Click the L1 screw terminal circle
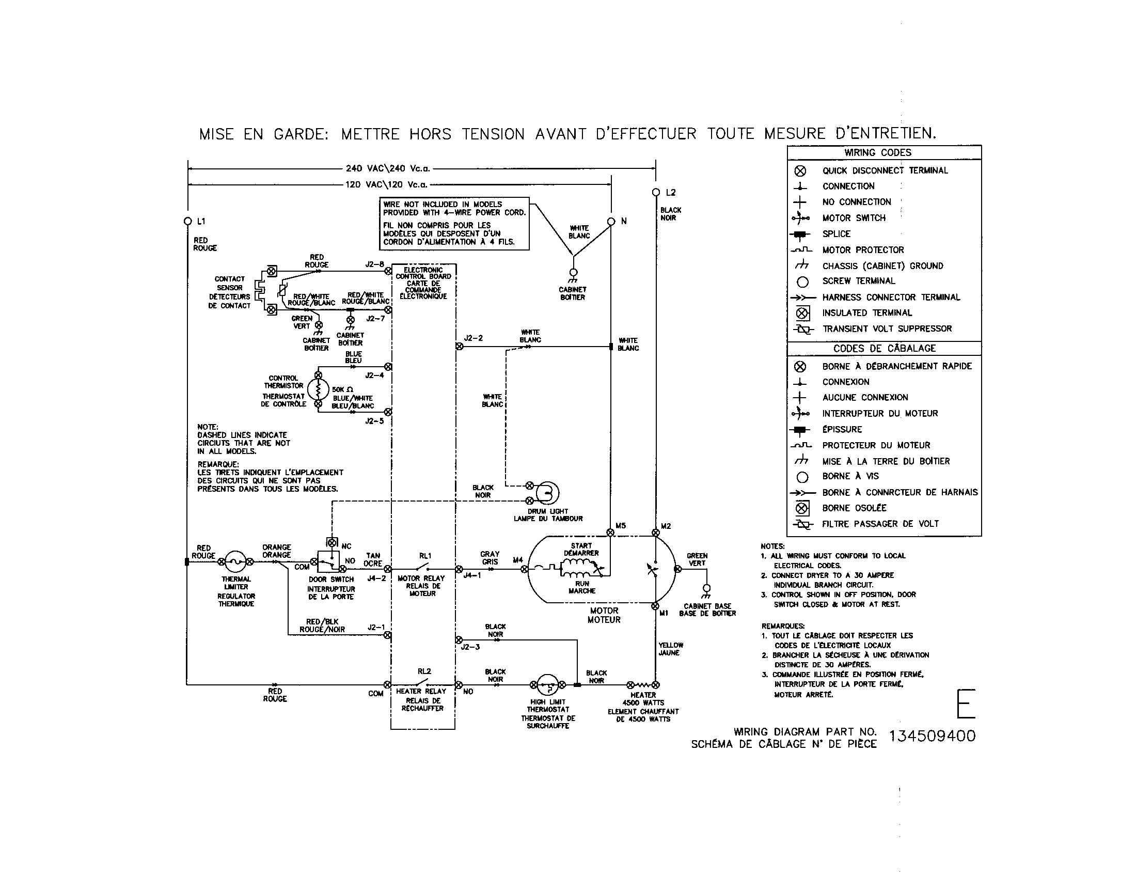(188, 221)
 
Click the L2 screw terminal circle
(656, 192)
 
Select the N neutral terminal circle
(611, 221)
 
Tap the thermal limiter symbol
(235, 562)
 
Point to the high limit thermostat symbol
(547, 685)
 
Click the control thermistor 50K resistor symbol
(318, 389)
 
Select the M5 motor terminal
(611, 532)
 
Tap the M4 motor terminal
(524, 569)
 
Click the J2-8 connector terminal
(387, 271)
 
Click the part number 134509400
(932, 736)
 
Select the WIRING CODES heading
(877, 152)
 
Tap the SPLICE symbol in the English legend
(800, 234)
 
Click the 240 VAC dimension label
(387, 168)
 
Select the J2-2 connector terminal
(459, 346)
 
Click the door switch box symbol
(328, 562)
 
